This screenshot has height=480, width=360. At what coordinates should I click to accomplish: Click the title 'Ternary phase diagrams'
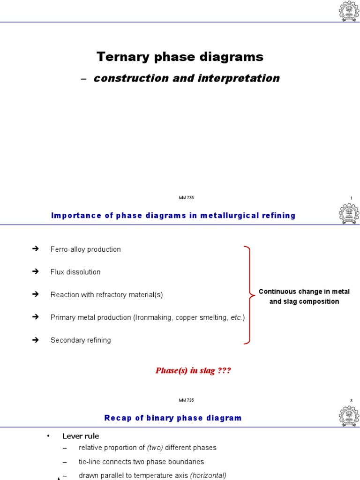click(x=180, y=57)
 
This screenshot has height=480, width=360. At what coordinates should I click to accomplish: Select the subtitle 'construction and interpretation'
click(x=187, y=78)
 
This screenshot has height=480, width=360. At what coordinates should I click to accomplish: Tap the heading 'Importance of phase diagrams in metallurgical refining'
click(x=173, y=216)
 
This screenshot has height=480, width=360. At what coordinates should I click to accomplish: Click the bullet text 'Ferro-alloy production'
click(x=85, y=249)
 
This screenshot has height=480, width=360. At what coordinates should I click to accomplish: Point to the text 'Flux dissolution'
click(x=75, y=272)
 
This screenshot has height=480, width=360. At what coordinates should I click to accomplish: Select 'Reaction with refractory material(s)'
click(x=106, y=295)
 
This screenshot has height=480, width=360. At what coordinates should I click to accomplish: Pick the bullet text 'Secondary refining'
click(x=81, y=340)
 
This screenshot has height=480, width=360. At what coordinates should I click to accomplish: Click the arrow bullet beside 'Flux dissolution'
click(x=35, y=272)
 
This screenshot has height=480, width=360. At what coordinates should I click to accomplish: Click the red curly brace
click(x=248, y=295)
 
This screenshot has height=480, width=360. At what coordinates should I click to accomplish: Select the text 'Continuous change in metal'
click(x=304, y=292)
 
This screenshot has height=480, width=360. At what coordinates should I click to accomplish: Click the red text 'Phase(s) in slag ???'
click(x=193, y=371)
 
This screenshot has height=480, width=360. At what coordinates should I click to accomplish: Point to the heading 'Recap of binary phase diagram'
click(x=173, y=418)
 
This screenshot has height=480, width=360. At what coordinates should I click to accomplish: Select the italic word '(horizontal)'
click(x=208, y=475)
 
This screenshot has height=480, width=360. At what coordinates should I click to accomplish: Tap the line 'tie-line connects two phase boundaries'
click(x=141, y=462)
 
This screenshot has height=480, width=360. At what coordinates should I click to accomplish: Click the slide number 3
click(x=351, y=400)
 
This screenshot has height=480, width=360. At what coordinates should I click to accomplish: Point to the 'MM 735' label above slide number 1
click(x=186, y=198)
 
